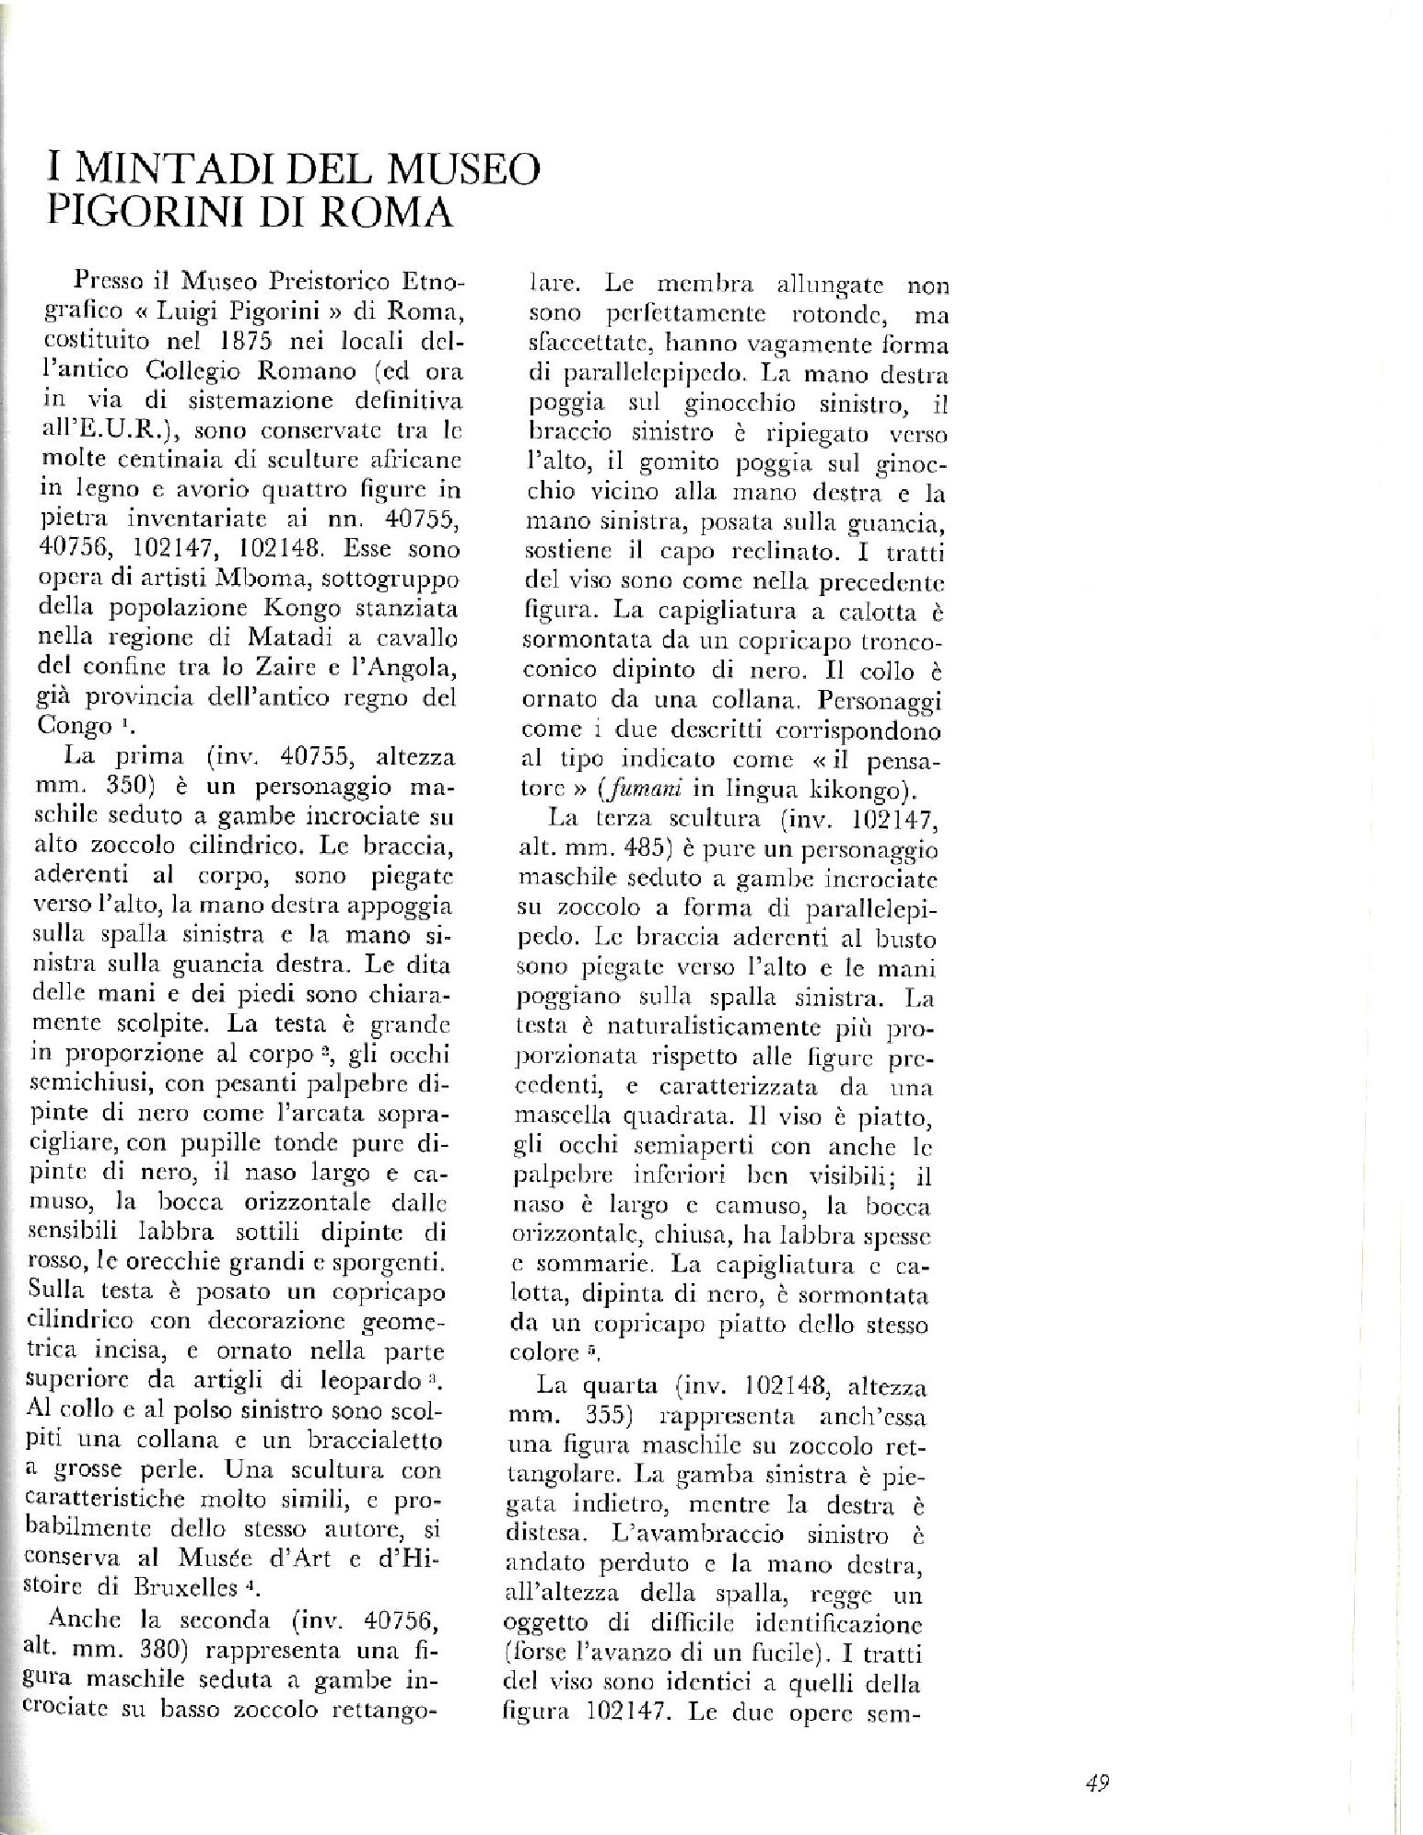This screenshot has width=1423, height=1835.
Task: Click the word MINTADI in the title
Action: [x=179, y=170]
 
